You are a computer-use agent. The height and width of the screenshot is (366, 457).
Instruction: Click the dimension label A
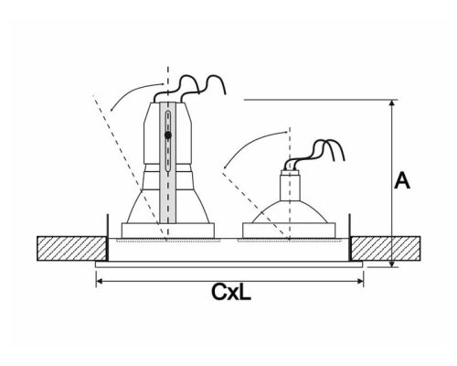pyautogui.click(x=401, y=180)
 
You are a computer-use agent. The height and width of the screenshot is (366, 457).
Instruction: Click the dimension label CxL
pyautogui.click(x=232, y=293)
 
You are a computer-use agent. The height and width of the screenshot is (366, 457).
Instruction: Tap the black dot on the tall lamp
pyautogui.click(x=167, y=135)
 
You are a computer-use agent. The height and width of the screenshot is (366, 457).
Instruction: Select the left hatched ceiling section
pyautogui.click(x=69, y=248)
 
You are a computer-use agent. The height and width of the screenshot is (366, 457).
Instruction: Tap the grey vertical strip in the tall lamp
pyautogui.click(x=167, y=174)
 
